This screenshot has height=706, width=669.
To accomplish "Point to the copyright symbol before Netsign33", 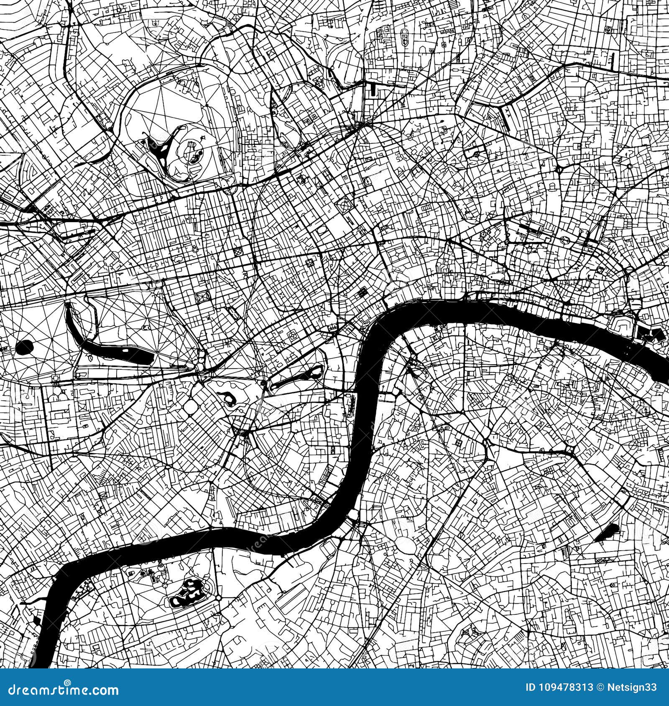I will (600, 687).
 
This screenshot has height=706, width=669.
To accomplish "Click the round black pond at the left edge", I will (25, 346).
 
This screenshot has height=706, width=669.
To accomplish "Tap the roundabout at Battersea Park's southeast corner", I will (218, 598).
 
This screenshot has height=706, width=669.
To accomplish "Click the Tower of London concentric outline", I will (621, 324).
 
